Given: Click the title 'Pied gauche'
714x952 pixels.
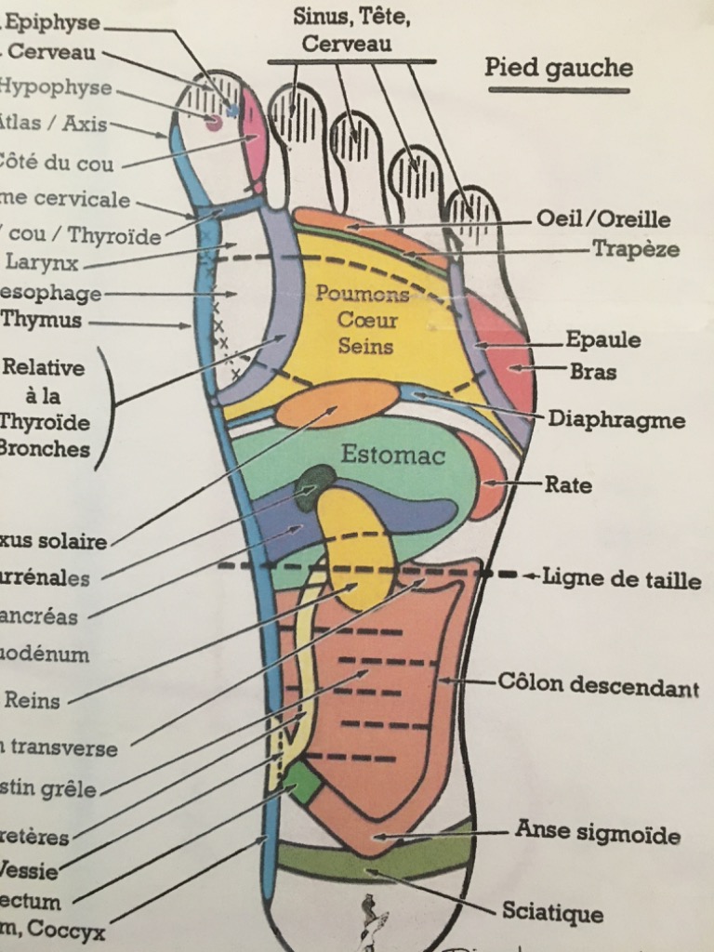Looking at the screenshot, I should (x=559, y=68).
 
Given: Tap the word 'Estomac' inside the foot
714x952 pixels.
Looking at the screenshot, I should (x=392, y=456).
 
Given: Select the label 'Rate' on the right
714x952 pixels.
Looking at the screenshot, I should (x=568, y=484).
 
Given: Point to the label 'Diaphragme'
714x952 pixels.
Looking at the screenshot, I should (x=615, y=419).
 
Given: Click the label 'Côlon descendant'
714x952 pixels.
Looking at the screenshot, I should (x=598, y=686).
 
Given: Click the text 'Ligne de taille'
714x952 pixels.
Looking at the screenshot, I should (x=622, y=580).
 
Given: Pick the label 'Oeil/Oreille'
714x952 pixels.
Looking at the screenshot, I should (x=603, y=219).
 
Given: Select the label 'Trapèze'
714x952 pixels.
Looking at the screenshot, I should (x=636, y=249).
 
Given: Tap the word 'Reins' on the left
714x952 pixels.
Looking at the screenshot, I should (x=32, y=701).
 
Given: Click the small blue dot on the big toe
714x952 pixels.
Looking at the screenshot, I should (x=232, y=111).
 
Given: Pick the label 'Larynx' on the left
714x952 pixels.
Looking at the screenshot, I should (x=42, y=262).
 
